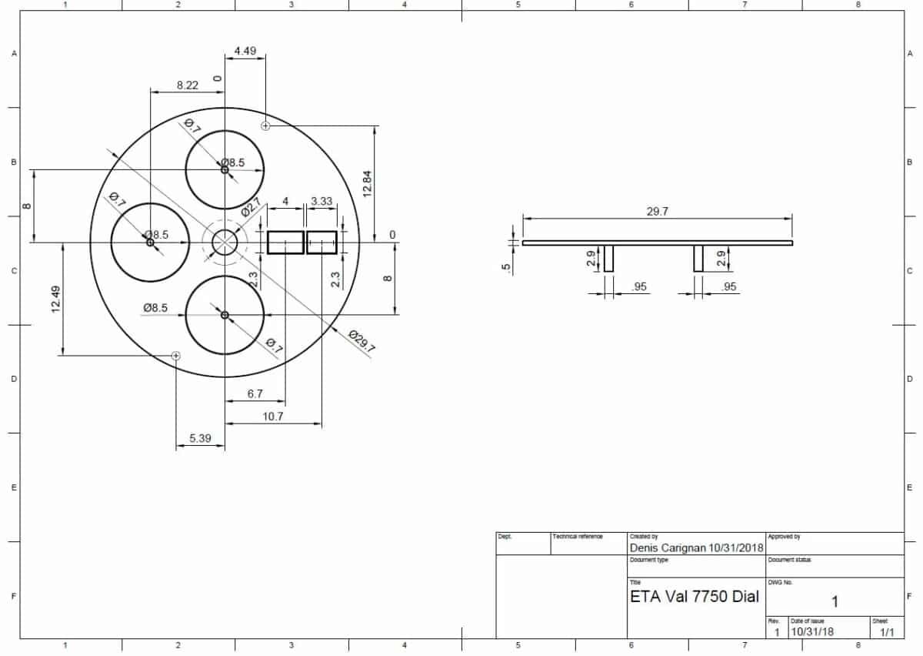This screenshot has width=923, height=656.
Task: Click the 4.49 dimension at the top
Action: pyautogui.click(x=245, y=52)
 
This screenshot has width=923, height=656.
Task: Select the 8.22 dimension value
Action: pyautogui.click(x=187, y=85)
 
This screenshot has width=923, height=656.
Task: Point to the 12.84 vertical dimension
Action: pyautogui.click(x=367, y=182)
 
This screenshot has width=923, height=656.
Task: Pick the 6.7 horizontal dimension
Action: pyautogui.click(x=255, y=393)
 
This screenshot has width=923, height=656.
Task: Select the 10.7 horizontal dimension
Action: pyautogui.click(x=273, y=416)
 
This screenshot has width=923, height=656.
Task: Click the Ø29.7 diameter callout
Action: pyautogui.click(x=361, y=341)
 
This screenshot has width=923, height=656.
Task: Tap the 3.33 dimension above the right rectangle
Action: pyautogui.click(x=322, y=202)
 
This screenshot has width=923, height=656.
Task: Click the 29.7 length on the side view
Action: pyautogui.click(x=657, y=211)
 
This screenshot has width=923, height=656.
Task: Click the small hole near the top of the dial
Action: pyautogui.click(x=265, y=126)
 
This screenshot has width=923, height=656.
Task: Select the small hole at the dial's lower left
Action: pyautogui.click(x=176, y=356)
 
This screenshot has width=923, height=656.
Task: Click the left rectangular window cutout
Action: pyautogui.click(x=285, y=243)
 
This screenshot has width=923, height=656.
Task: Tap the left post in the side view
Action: pyautogui.click(x=608, y=259)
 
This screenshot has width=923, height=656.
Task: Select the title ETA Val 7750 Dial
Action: pyautogui.click(x=695, y=596)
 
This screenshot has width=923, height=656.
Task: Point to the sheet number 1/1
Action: pyautogui.click(x=887, y=632)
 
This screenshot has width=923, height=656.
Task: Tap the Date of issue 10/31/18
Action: pyautogui.click(x=811, y=632)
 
